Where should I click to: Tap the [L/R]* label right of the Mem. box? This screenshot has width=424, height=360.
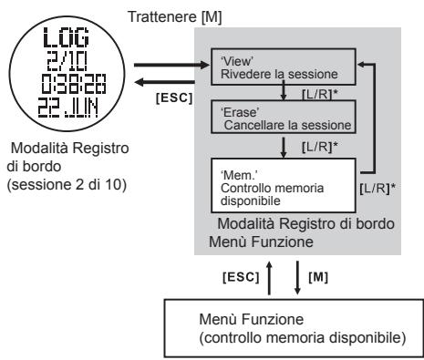pyautogui.click(x=377, y=213)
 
